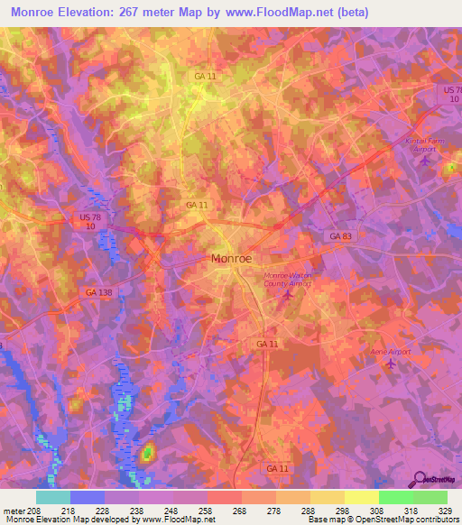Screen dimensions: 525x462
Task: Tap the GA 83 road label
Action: pyautogui.click(x=337, y=235)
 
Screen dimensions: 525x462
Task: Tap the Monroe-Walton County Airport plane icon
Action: pyautogui.click(x=289, y=293)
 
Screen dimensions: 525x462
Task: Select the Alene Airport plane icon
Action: pyautogui.click(x=390, y=363)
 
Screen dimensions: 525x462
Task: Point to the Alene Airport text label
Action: pyautogui.click(x=390, y=350)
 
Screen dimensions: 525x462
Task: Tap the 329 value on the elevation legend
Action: pyautogui.click(x=447, y=510)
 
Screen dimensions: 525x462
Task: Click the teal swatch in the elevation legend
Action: pyautogui.click(x=53, y=497)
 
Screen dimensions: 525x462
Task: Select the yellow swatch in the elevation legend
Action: pyautogui.click(x=361, y=497)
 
